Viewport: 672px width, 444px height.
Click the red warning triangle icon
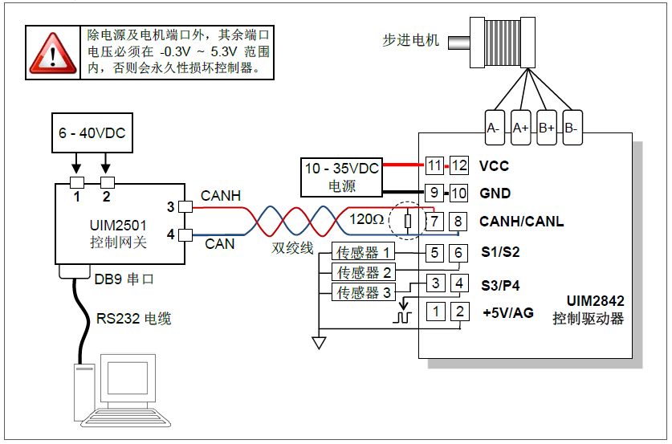point(54,52)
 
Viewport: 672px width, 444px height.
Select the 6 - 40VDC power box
point(92,133)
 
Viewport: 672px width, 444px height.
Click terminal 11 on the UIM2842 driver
point(434,166)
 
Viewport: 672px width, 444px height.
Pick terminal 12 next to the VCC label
point(458,166)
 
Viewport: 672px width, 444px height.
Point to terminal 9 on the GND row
point(434,193)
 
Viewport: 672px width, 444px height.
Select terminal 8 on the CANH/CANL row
point(458,221)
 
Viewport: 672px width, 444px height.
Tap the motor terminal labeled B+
point(546,128)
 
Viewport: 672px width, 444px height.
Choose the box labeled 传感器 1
point(365,253)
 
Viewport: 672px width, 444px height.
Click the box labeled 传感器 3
point(365,292)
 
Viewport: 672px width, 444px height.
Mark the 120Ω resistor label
point(366,218)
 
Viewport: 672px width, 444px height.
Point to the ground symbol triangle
point(319,343)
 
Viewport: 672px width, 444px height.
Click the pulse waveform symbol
point(401,316)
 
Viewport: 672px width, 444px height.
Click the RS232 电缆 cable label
point(133,319)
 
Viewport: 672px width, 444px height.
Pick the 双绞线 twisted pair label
point(292,249)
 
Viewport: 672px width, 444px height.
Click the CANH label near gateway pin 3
point(220,196)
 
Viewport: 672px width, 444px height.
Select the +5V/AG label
point(508,312)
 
